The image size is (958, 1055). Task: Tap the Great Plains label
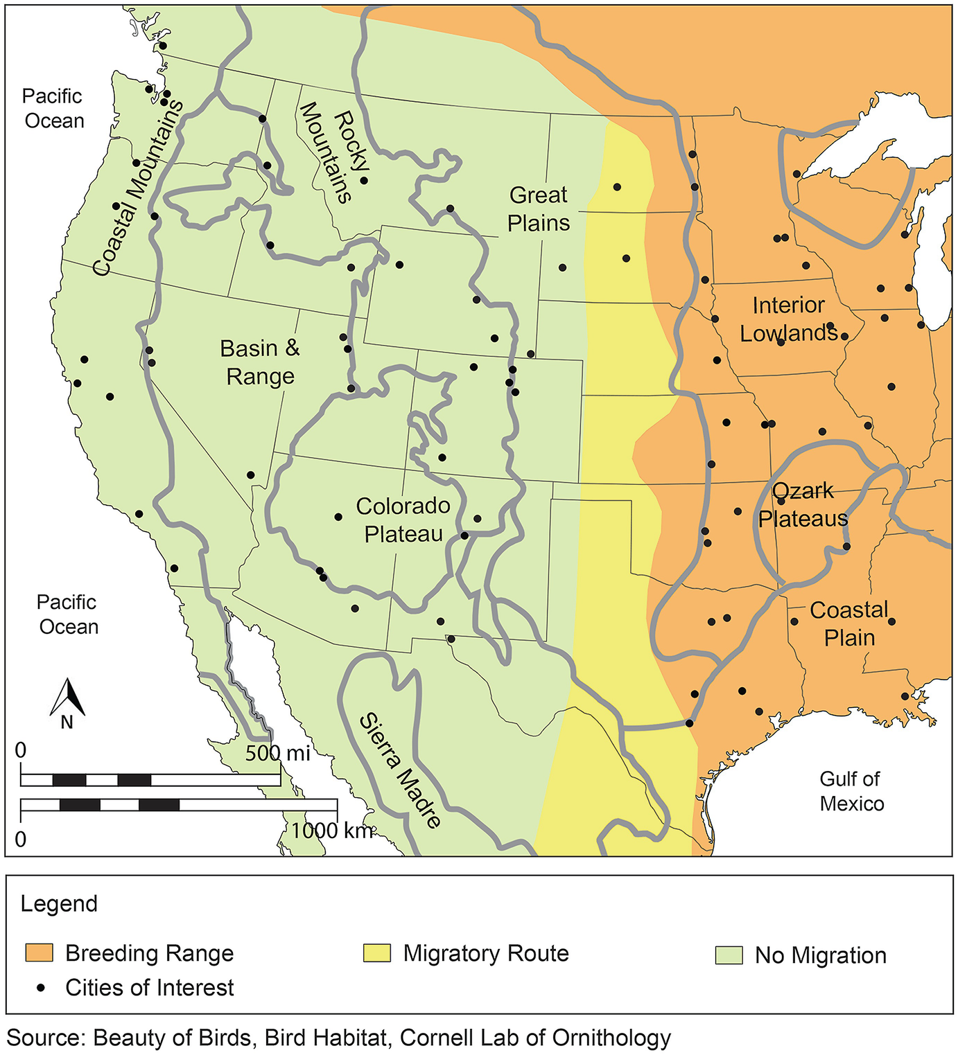(x=539, y=209)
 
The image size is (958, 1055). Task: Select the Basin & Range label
(x=260, y=362)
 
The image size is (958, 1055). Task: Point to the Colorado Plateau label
(x=403, y=520)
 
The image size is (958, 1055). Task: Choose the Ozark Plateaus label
(x=803, y=505)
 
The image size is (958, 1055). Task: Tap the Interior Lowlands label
(x=789, y=319)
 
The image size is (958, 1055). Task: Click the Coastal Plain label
(x=849, y=623)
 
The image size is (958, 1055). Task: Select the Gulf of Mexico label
(x=851, y=791)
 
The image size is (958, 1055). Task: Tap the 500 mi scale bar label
(x=277, y=753)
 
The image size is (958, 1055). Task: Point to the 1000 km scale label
(x=332, y=830)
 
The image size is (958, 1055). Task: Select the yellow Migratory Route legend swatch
(x=377, y=952)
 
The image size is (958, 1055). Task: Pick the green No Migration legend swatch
(x=729, y=955)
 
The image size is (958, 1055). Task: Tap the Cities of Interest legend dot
(x=41, y=988)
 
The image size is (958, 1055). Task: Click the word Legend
(x=59, y=904)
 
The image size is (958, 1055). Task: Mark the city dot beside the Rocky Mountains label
(x=364, y=180)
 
